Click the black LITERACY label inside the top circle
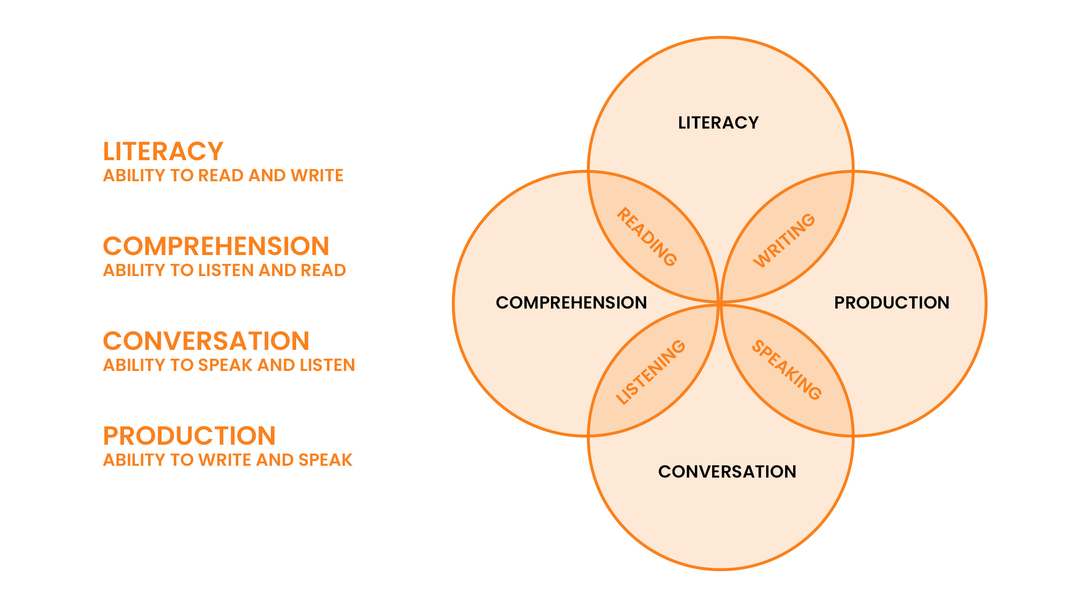718,123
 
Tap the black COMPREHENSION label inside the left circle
571,303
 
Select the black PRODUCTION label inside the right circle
892,303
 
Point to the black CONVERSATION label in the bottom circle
727,472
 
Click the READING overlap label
647,237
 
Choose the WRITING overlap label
784,240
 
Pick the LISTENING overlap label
651,372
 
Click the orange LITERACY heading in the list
163,151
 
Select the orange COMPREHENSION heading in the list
216,246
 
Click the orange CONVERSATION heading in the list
206,341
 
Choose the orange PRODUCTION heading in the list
189,436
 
